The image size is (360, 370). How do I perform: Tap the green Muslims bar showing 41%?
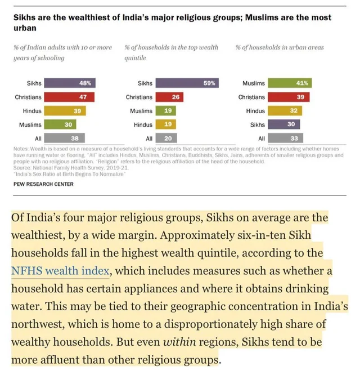pos(290,83)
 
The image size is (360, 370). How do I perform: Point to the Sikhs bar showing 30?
pos(284,124)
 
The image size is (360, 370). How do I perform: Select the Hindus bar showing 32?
pos(285,111)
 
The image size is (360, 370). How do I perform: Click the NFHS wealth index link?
pos(60,270)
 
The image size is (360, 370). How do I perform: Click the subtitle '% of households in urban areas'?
pos(280,48)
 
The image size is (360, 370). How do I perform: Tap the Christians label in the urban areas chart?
pos(251,97)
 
